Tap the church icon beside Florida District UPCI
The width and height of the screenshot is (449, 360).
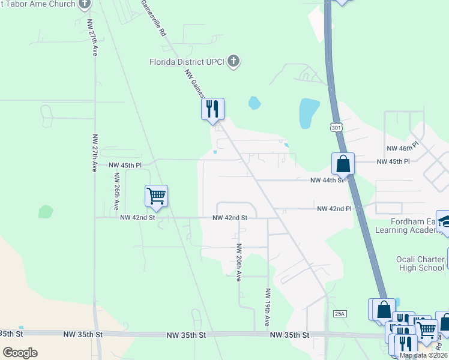point(234,61)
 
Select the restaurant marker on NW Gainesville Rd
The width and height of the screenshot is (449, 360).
point(212,110)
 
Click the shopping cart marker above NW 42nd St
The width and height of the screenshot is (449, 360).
point(156,196)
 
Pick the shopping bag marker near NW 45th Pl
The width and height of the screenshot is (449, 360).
point(343,164)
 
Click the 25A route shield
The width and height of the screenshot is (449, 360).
point(340,314)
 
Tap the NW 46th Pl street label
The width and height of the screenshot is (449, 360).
point(402,148)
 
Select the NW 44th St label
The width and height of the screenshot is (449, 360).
point(327,180)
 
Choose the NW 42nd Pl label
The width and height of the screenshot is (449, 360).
point(334,209)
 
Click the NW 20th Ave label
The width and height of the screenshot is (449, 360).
point(238,263)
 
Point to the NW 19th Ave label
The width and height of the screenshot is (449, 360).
point(268,308)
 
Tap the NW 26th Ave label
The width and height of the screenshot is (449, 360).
point(116,192)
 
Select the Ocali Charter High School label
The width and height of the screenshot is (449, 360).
point(420,263)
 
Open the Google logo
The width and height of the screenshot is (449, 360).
point(20,353)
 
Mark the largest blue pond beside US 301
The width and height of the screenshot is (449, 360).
point(309,113)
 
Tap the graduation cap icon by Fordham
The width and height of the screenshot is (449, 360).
point(444,221)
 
